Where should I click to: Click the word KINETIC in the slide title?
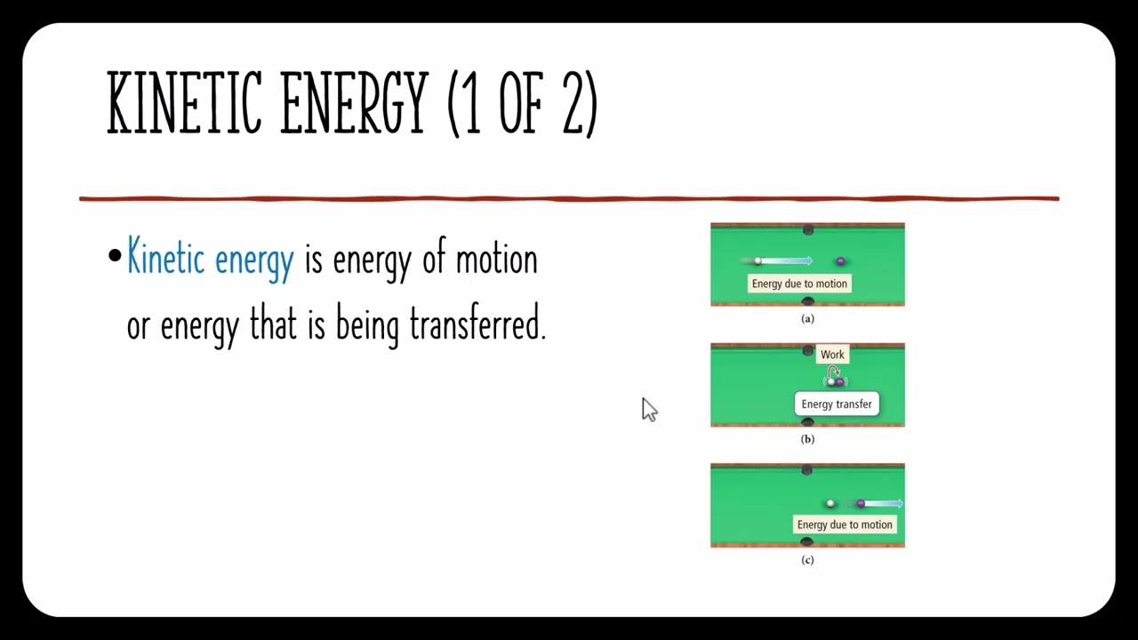pyautogui.click(x=184, y=103)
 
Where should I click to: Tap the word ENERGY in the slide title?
pyautogui.click(x=354, y=103)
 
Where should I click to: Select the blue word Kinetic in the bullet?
pyautogui.click(x=166, y=259)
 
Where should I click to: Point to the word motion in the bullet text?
pyautogui.click(x=496, y=260)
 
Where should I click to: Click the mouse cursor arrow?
pyautogui.click(x=648, y=409)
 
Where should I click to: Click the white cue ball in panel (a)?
pyautogui.click(x=757, y=261)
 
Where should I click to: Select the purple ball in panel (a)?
pyautogui.click(x=840, y=261)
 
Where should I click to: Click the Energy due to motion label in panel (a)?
pyautogui.click(x=799, y=284)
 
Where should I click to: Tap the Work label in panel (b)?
pyautogui.click(x=832, y=355)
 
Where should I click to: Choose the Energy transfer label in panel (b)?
pyautogui.click(x=837, y=404)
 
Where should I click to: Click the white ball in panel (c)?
pyautogui.click(x=830, y=504)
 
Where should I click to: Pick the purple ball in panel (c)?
pyautogui.click(x=860, y=504)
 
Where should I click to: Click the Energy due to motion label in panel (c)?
pyautogui.click(x=844, y=524)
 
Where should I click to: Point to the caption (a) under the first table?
pyautogui.click(x=807, y=318)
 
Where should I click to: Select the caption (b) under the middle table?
pyautogui.click(x=807, y=439)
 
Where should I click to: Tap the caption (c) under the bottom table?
pyautogui.click(x=807, y=559)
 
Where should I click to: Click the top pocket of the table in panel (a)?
pyautogui.click(x=807, y=230)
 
